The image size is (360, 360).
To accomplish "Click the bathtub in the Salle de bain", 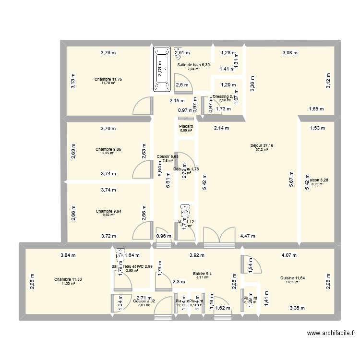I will click(162, 69).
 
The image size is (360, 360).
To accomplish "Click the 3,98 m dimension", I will click(290, 53).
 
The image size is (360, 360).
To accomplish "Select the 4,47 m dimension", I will click(248, 236).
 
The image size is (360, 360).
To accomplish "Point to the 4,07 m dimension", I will click(289, 255).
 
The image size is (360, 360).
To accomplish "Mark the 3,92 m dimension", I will click(197, 255).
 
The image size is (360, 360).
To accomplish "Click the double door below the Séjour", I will click(219, 237).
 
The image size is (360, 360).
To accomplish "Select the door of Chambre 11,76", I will click(143, 108).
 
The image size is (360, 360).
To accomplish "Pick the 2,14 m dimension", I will click(221, 128).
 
